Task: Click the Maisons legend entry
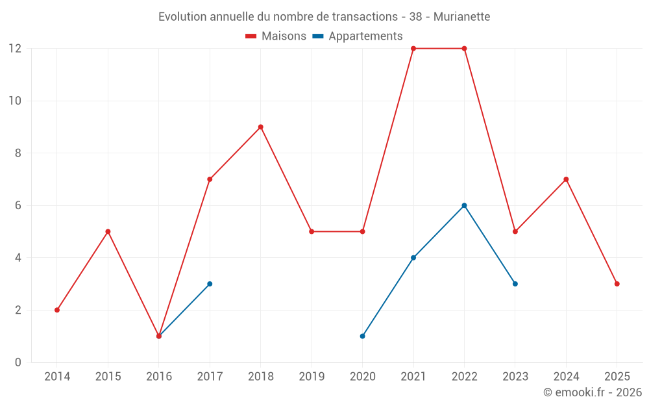tap(276, 36)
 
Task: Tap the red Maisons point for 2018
tap(261, 127)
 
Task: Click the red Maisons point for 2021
tap(413, 49)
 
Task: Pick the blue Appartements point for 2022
tap(464, 205)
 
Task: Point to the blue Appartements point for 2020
tap(363, 336)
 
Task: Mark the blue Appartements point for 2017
tap(210, 284)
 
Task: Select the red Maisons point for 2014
tap(57, 310)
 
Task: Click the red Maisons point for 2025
tap(617, 284)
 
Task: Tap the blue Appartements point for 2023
tap(515, 284)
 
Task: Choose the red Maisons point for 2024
tap(566, 179)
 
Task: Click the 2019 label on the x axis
tap(312, 377)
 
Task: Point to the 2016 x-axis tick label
tap(159, 377)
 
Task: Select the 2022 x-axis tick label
tap(464, 377)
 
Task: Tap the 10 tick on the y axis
tap(15, 101)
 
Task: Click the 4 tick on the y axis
tap(18, 258)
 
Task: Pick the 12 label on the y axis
tap(15, 49)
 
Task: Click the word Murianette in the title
tap(461, 16)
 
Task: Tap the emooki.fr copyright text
tap(593, 392)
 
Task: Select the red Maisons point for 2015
tap(108, 231)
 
